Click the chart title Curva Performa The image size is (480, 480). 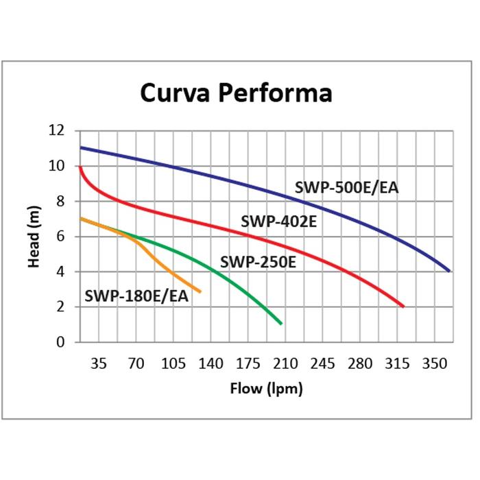coord(236,93)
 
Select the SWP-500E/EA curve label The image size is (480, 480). coord(346,187)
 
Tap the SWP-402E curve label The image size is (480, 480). coord(278,221)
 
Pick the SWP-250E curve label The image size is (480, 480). coord(258,261)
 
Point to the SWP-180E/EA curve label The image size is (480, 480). coord(136,296)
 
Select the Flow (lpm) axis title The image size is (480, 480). coord(265,389)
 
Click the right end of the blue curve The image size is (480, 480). coord(449,271)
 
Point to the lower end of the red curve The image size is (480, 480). coord(404,307)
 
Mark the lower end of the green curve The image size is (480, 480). coord(281,324)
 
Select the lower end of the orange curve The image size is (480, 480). coord(200,292)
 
